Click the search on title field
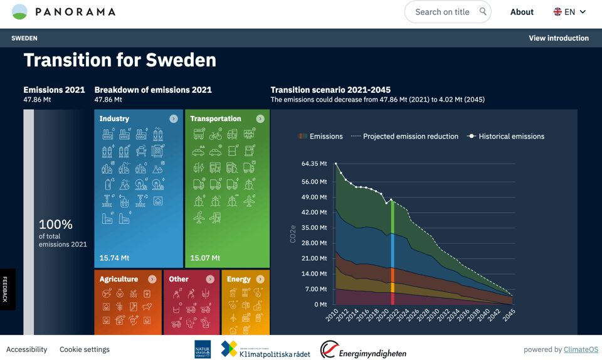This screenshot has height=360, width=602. coord(442,12)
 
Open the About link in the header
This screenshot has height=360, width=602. coord(522,12)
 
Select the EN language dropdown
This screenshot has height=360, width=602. coord(569,12)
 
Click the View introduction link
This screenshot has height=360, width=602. coord(558,38)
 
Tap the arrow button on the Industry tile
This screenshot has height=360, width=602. coord(174,119)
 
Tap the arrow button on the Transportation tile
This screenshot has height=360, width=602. coord(260,119)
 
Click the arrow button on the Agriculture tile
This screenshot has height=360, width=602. coord(152,279)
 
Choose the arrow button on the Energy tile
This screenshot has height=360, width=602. coord(260,279)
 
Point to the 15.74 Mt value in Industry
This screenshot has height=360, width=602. coord(114,258)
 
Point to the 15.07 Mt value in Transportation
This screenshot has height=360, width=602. coord(204,258)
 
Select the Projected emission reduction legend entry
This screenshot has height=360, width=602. coord(404,136)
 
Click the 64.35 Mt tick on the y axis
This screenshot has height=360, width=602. coord(314,164)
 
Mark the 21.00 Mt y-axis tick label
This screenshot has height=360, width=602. coord(314,258)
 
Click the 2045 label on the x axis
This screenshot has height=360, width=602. coord(509,315)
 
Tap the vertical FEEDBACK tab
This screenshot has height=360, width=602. coord(6,289)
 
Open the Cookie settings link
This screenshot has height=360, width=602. coord(85,349)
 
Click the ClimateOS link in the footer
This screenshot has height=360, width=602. coord(581,349)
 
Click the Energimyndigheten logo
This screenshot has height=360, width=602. coord(363,350)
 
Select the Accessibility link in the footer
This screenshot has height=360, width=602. coord(26,349)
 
